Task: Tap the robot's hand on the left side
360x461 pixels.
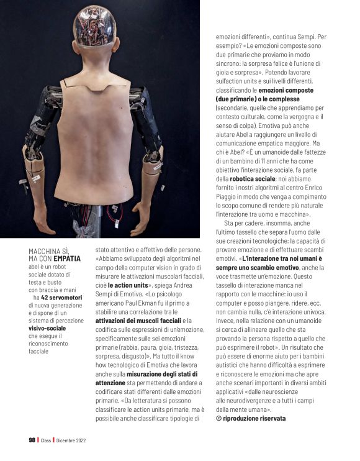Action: (45, 221)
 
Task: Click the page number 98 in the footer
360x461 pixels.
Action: (32, 440)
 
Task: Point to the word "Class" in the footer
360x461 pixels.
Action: (46, 440)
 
